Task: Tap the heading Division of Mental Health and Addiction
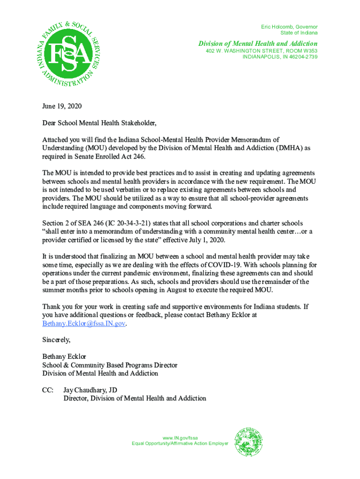258,44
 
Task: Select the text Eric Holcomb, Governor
289,27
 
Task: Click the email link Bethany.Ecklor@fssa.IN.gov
84,324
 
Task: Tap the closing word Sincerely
56,340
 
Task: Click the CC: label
48,390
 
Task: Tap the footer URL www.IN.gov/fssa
180,438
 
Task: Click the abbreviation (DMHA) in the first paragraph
281,148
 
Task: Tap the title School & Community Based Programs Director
109,365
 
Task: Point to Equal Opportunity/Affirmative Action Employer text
180,443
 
